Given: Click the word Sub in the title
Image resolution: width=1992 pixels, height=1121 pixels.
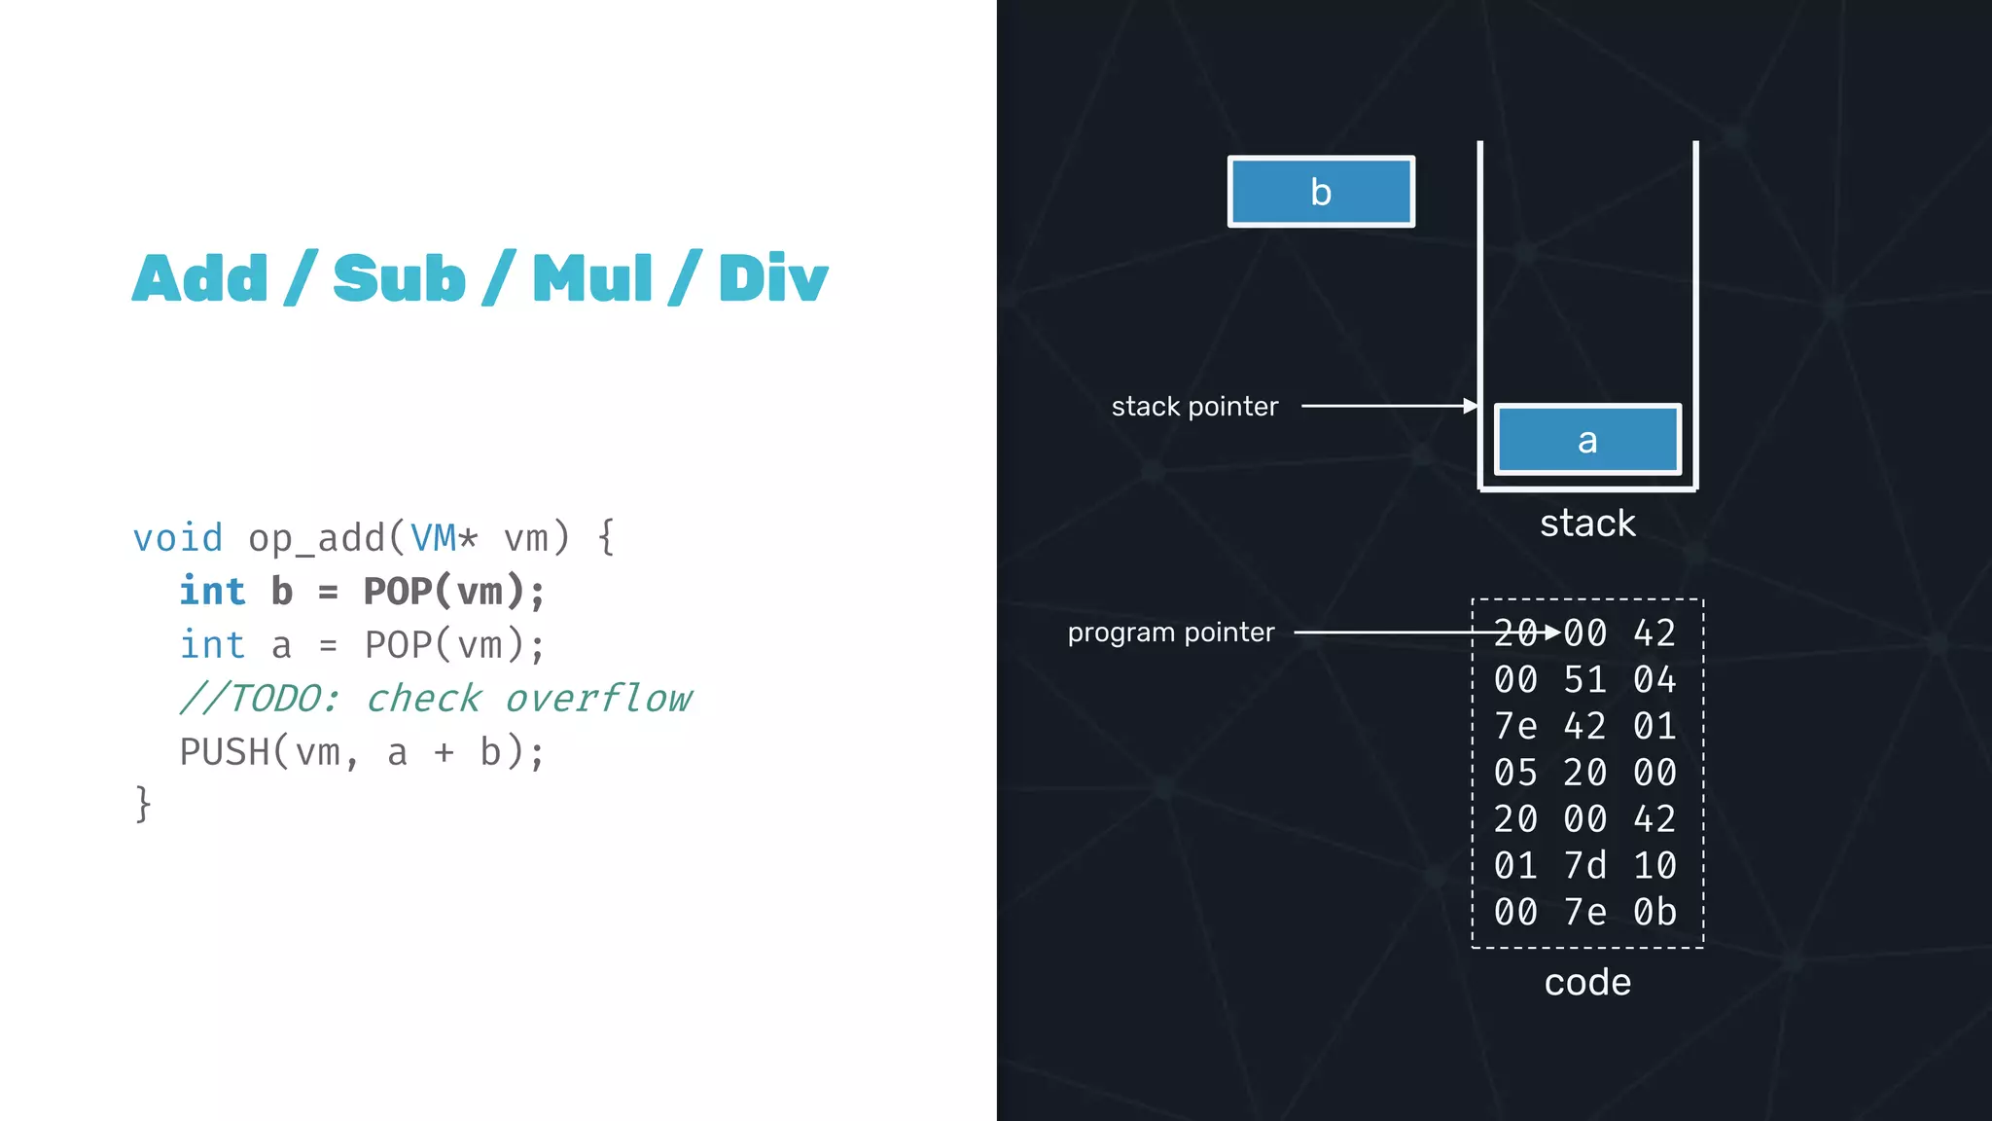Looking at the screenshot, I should point(399,279).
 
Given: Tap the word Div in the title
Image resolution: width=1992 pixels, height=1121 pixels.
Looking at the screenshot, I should point(772,279).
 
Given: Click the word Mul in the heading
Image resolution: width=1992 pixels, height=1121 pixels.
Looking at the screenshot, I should point(591,279).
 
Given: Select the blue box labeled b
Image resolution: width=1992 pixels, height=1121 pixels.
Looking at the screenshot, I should point(1320,192).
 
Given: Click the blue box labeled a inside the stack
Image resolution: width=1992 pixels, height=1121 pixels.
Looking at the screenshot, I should point(1586,440).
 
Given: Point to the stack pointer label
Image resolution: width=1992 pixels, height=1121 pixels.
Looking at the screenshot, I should point(1194,407).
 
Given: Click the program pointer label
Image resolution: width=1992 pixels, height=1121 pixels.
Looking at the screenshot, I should point(1170,633).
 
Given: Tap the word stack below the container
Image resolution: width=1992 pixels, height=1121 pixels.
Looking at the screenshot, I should point(1586,524).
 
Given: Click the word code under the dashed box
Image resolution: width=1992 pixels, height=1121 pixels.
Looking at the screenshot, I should point(1586,982).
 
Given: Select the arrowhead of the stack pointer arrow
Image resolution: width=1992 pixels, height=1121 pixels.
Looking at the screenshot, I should point(1471,406).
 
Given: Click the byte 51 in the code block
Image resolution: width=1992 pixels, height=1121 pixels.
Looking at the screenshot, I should point(1584,680).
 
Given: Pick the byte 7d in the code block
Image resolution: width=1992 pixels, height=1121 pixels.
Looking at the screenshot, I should point(1584,866).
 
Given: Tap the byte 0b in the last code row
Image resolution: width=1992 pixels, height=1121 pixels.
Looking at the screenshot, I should point(1654,913).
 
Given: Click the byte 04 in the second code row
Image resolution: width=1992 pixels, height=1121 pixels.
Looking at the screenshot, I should point(1654,680).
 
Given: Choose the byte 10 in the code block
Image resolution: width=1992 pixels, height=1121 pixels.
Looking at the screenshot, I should point(1654,866).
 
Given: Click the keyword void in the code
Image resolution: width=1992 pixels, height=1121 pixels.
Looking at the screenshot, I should point(178,538).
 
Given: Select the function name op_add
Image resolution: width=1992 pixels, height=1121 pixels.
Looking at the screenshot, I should point(315,538).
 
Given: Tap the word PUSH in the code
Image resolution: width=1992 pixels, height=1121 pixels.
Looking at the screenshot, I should point(225,752).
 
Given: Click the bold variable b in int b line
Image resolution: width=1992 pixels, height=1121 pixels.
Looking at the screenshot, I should point(282,592).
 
